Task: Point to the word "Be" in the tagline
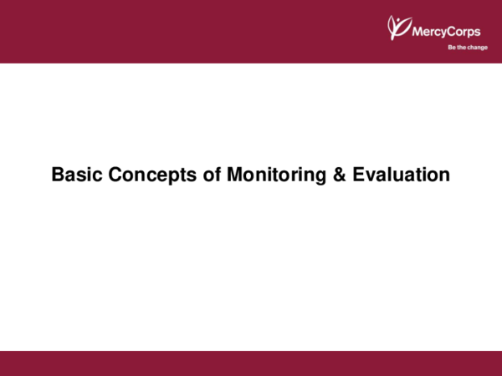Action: coord(452,48)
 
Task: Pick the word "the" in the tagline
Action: coord(461,48)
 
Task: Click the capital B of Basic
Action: coord(58,175)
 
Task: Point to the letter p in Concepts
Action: coord(161,177)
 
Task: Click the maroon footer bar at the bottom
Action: coord(251,363)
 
